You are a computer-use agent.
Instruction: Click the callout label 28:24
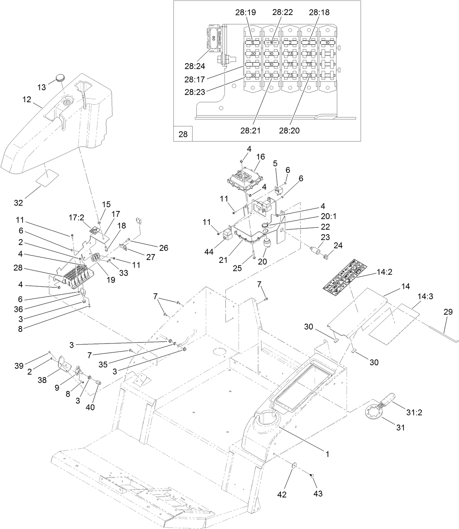(195, 66)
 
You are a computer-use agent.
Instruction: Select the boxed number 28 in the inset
(183, 134)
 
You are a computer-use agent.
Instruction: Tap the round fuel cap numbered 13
(60, 77)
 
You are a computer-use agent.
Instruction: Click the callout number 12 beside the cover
(27, 99)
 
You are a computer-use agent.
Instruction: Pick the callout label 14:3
(425, 297)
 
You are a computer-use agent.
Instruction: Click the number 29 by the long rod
(448, 312)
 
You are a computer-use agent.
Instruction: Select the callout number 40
(90, 407)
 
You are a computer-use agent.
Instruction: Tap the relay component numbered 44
(228, 234)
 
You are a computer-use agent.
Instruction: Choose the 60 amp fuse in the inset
(213, 38)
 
